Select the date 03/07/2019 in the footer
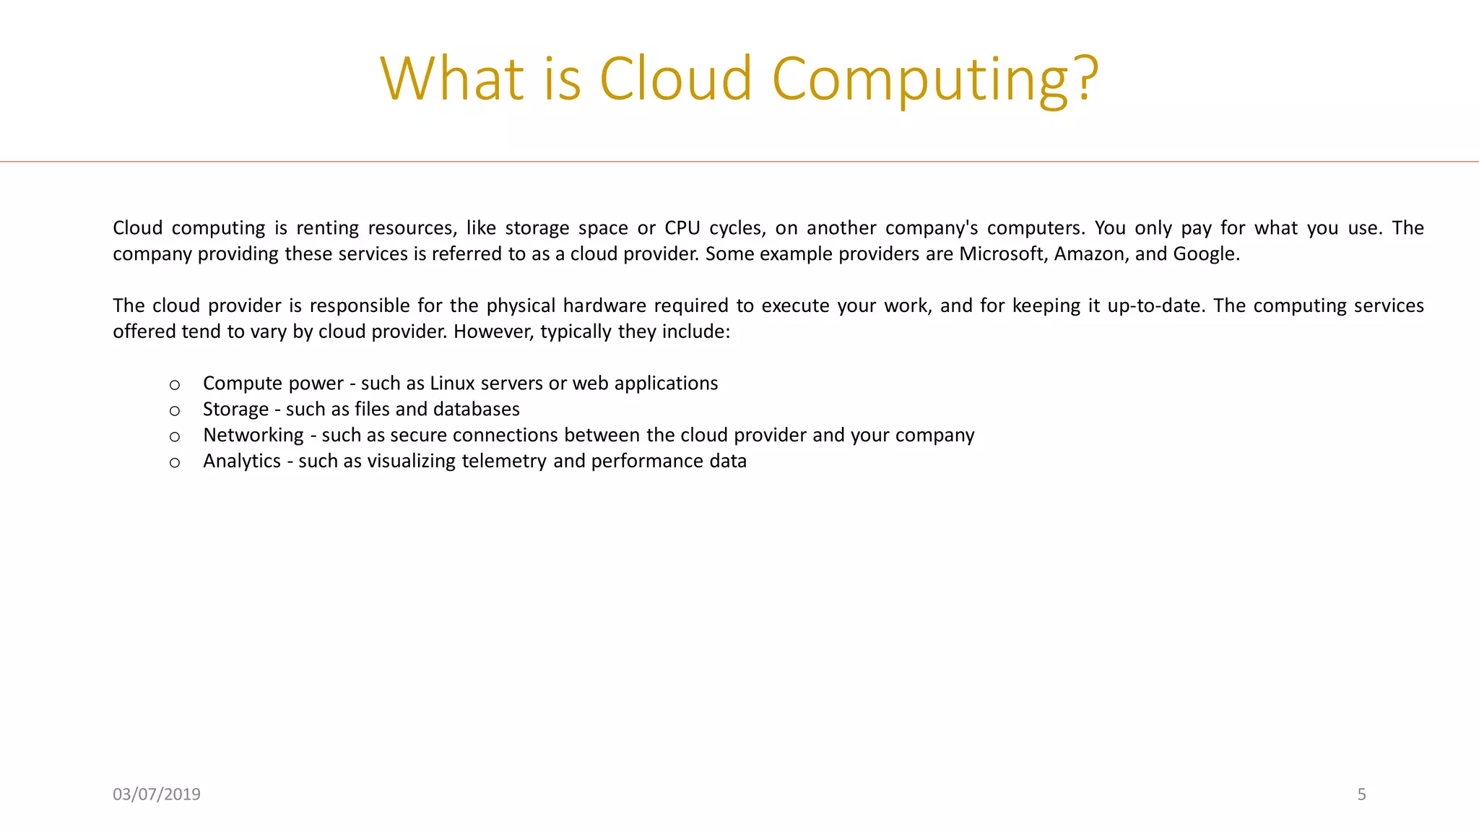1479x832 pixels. [157, 794]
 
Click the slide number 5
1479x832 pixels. [1361, 794]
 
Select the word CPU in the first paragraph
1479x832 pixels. [682, 228]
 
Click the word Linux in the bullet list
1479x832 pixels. [452, 383]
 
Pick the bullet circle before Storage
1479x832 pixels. [175, 411]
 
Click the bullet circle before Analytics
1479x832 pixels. [175, 463]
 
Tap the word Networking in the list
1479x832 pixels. [253, 435]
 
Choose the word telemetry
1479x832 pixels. [504, 461]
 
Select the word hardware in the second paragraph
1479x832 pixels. [604, 305]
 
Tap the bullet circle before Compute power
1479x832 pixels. [175, 385]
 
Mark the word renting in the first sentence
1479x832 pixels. [327, 228]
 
